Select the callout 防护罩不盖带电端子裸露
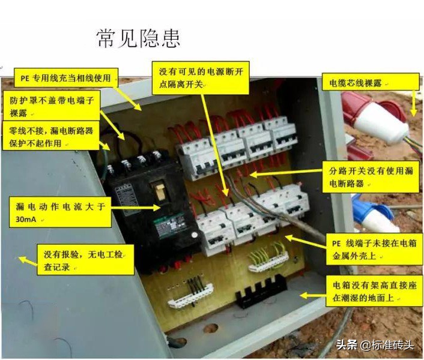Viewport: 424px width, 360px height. coord(52,105)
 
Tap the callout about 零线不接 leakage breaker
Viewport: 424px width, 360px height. coord(50,136)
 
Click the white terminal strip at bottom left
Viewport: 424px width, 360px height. coord(191,294)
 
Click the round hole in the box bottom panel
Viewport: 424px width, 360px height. coord(211,329)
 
